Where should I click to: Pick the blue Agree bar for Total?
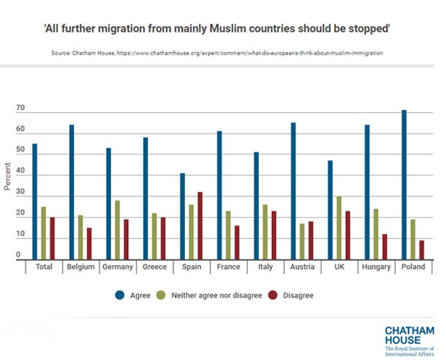35,202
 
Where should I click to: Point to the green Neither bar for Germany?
117,230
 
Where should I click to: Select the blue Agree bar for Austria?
293,191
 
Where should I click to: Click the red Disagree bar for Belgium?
89,244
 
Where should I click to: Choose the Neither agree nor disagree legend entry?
215,295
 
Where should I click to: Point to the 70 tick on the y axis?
21,109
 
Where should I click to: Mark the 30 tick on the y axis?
21,193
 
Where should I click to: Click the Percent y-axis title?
7,177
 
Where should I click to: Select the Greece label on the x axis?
155,267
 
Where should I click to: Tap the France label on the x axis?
229,267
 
